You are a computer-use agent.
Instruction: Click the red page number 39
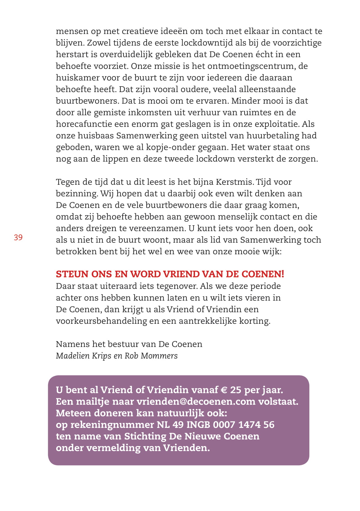point(18,237)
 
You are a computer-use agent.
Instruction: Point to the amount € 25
point(231,390)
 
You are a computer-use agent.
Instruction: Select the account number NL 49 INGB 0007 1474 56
point(216,424)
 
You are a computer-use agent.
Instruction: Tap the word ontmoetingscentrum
point(250,66)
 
